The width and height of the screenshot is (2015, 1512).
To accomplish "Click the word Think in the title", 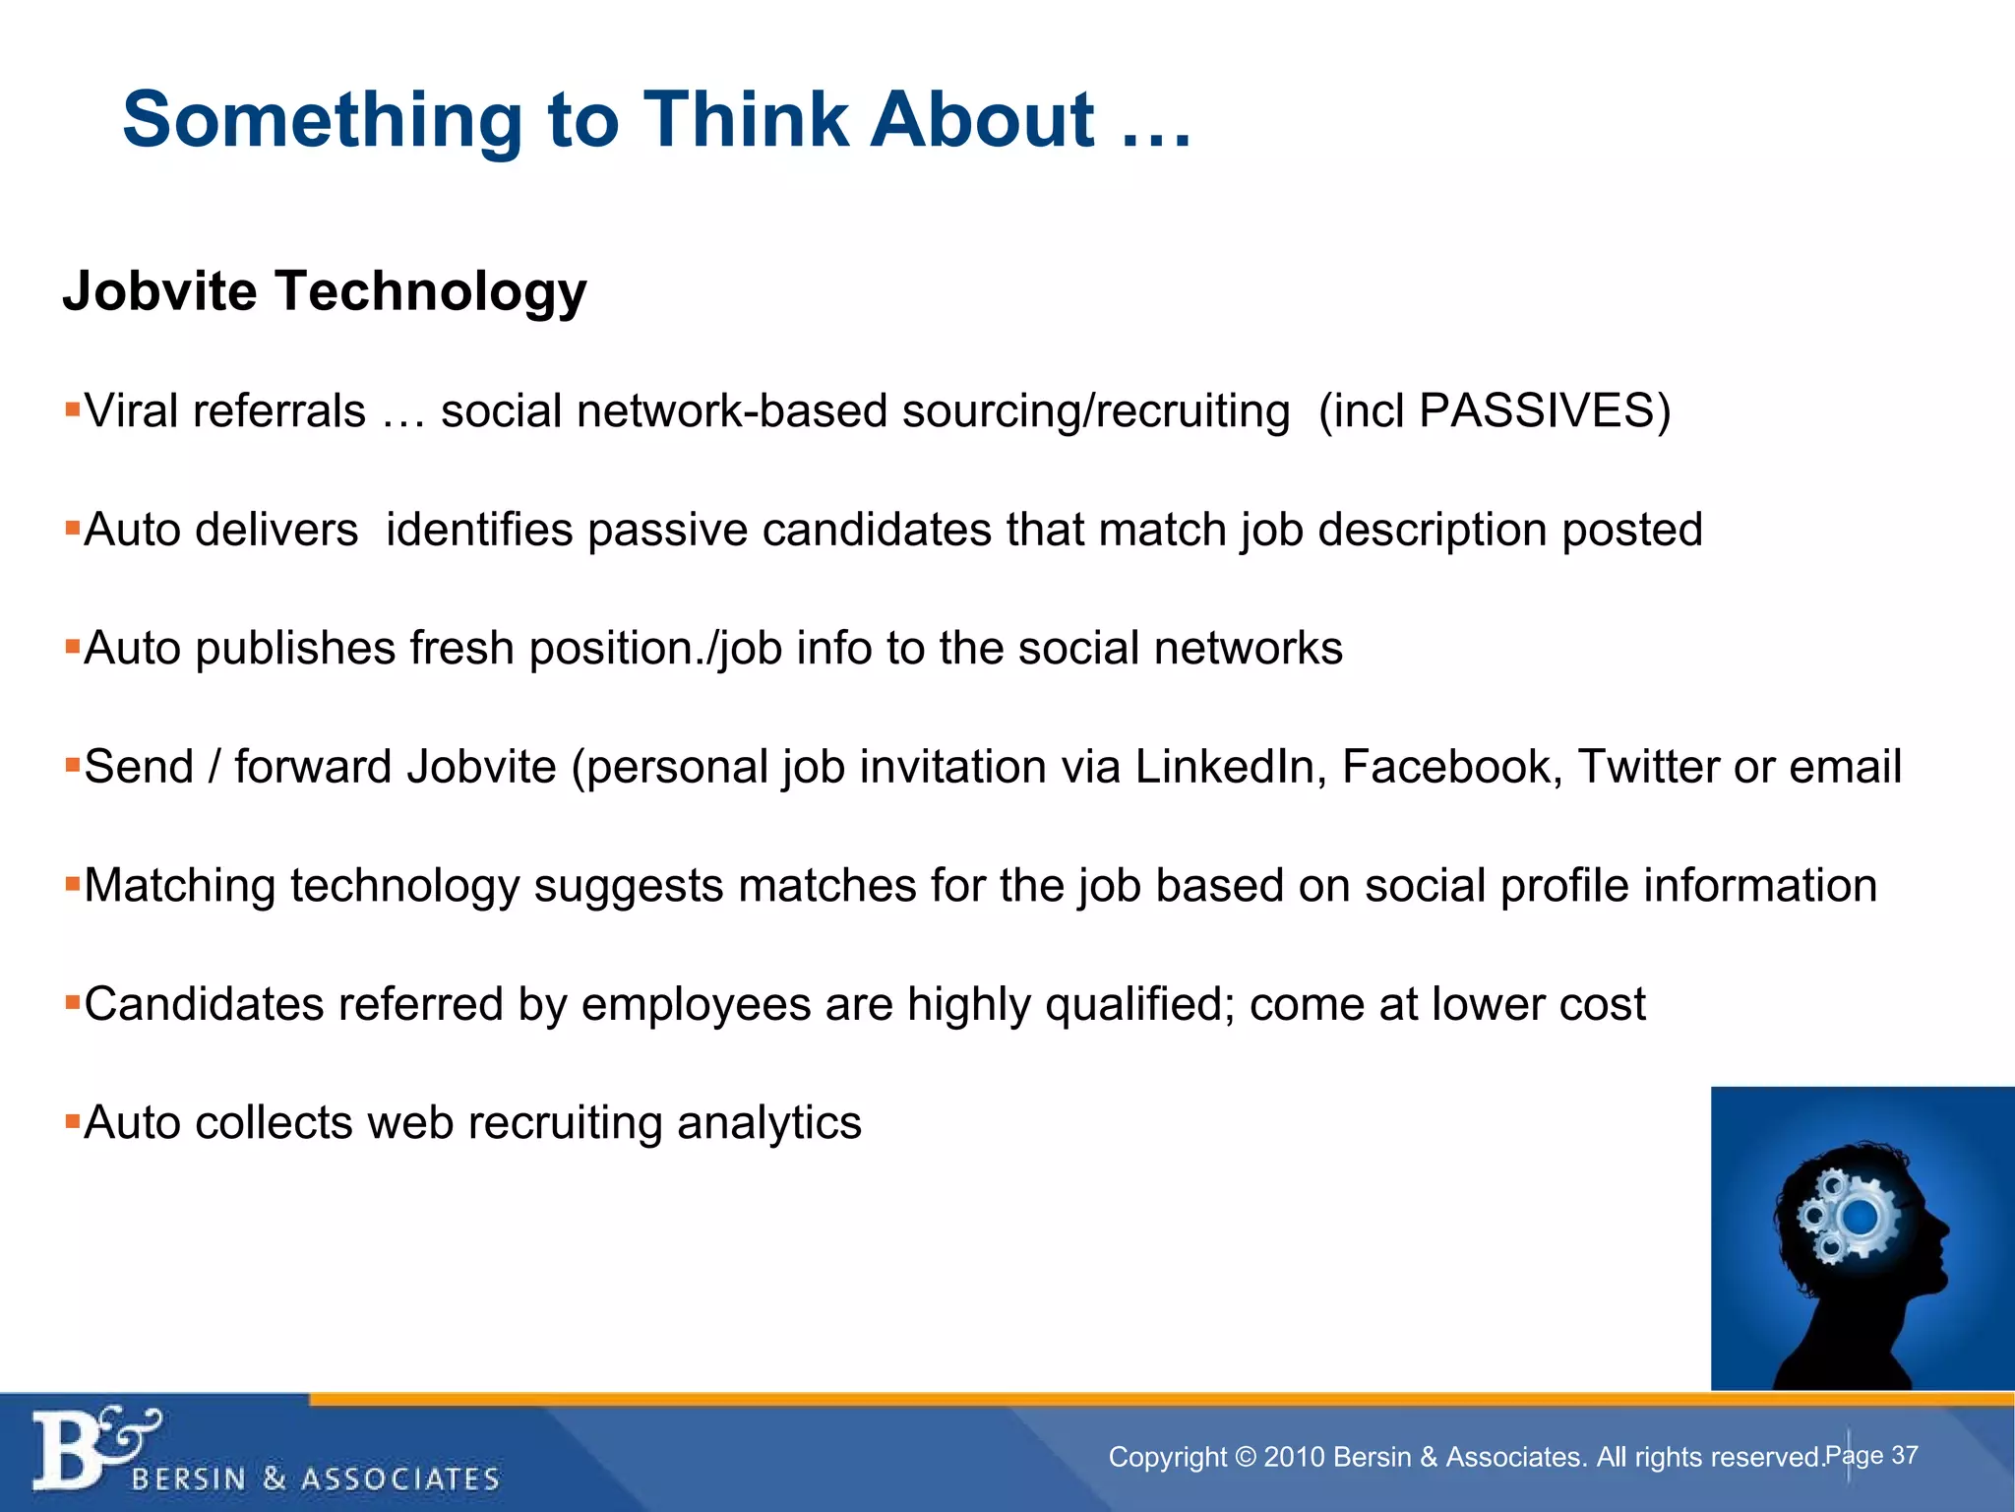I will click(x=745, y=120).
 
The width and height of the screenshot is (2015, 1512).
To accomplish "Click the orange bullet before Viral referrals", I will click(x=72, y=408).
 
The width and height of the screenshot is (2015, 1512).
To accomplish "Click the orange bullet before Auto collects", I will click(x=72, y=1120).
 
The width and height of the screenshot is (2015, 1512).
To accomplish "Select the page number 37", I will click(x=1904, y=1455).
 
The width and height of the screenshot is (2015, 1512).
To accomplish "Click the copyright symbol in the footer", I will click(x=1245, y=1457).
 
